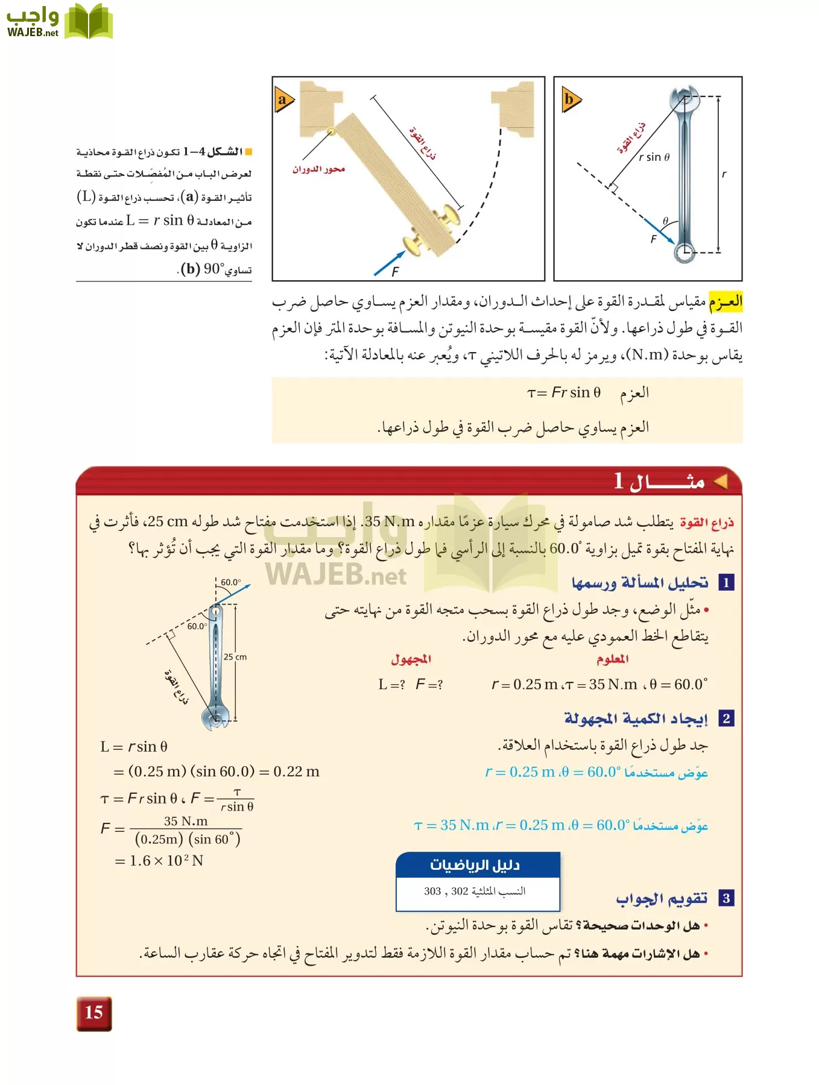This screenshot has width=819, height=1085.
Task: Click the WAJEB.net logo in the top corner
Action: [x=59, y=22]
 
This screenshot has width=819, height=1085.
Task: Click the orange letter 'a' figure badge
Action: [x=283, y=99]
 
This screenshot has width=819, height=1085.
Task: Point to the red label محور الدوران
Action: [x=318, y=169]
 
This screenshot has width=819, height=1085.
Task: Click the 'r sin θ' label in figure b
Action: [x=654, y=157]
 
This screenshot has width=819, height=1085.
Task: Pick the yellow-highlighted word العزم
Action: [x=725, y=301]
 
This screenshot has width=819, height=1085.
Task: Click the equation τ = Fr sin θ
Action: [x=564, y=393]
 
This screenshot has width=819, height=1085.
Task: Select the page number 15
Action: [x=94, y=1013]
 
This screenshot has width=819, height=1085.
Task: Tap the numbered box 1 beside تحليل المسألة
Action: [x=726, y=583]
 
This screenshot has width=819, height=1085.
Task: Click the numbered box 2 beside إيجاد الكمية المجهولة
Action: [x=726, y=719]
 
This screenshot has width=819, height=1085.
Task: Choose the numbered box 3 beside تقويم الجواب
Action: [x=726, y=898]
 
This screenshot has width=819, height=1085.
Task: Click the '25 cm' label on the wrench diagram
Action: [x=235, y=657]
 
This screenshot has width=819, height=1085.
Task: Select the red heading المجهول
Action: [x=411, y=659]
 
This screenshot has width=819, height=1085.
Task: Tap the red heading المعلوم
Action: [x=612, y=659]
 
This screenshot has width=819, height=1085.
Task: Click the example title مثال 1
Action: [x=660, y=481]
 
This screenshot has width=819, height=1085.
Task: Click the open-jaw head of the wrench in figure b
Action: [x=685, y=96]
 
